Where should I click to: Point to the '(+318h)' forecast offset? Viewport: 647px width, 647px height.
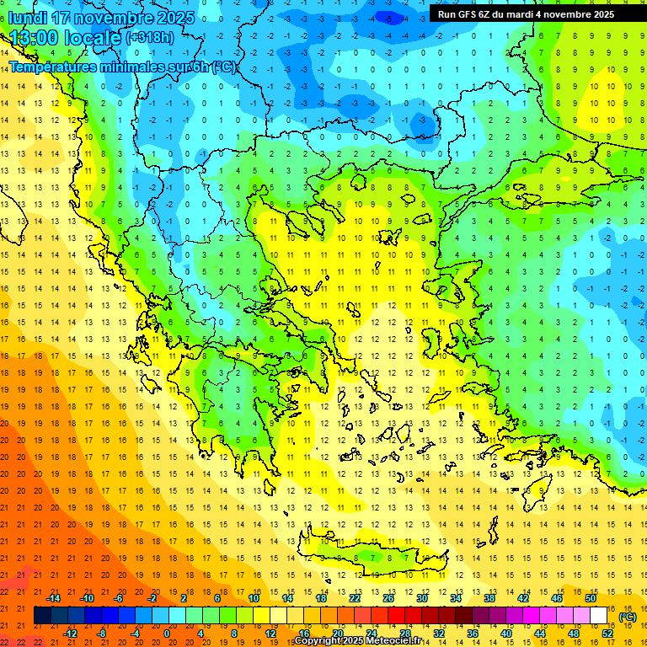pos(150,38)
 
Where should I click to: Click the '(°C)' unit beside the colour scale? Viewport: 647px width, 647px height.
pos(627,617)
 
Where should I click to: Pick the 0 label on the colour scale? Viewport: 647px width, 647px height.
pos(167,634)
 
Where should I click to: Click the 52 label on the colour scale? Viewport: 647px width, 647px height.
pos(607,634)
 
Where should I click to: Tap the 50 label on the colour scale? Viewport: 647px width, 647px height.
pos(591,598)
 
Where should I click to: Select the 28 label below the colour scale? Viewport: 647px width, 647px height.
pos(404,634)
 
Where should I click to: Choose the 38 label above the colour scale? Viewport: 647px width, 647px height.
pos(489,598)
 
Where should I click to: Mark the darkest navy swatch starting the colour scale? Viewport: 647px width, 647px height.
pos(42,616)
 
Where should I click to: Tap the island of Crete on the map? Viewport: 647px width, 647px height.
pos(371,556)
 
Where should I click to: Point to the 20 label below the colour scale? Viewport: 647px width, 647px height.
pos(337,634)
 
